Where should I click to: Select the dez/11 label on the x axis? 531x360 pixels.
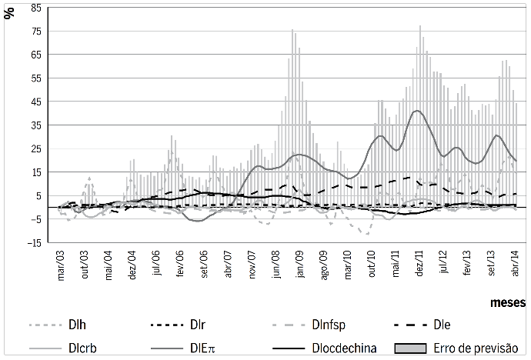pos(420,262)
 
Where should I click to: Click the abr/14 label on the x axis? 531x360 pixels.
pos(515,262)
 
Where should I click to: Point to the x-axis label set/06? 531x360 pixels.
pos(205,262)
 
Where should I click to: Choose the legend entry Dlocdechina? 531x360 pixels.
pos(339,347)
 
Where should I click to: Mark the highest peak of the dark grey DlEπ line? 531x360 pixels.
pos(417,111)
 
